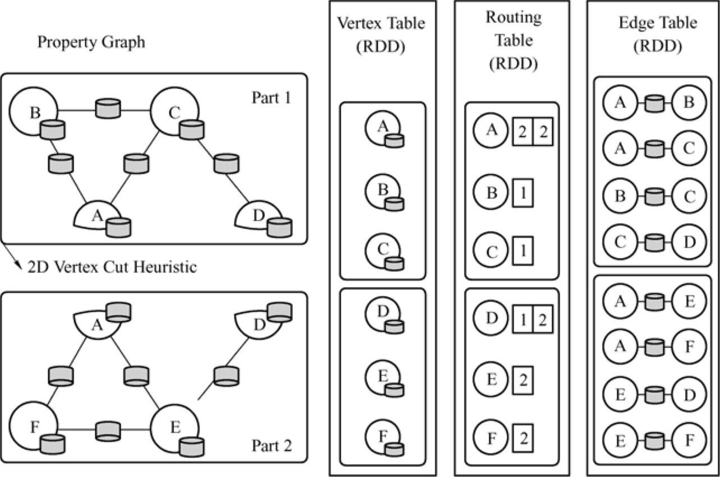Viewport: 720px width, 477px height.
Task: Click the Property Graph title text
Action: [91, 42]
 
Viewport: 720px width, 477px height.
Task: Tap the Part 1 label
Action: [272, 98]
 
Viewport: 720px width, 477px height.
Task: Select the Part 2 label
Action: [272, 446]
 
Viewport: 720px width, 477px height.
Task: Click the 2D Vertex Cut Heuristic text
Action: [112, 267]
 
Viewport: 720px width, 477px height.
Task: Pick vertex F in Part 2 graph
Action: [33, 428]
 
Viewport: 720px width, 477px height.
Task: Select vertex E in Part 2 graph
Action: [174, 428]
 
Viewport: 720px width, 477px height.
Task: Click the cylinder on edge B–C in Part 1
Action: [108, 108]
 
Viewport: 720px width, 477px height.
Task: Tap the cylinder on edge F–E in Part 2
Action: [108, 430]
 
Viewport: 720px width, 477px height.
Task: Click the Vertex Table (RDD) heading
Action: [381, 34]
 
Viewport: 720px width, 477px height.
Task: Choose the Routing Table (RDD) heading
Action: [513, 40]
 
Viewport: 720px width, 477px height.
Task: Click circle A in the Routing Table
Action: [491, 130]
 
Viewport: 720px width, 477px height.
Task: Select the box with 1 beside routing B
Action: [522, 193]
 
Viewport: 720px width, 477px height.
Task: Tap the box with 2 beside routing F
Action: [522, 438]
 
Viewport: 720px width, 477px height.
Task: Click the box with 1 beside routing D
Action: [523, 319]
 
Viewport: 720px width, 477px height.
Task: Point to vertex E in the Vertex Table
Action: [383, 377]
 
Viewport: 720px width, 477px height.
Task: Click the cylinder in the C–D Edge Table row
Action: [654, 242]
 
